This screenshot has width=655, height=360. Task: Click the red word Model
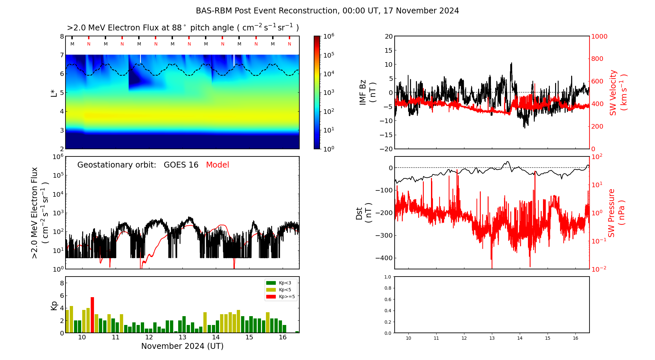[x=217, y=165]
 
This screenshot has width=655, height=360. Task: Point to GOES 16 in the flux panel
[x=181, y=165]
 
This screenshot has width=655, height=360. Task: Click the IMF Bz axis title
[x=367, y=92]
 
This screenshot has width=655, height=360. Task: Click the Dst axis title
[x=364, y=213]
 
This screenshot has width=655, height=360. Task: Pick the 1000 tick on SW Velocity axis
[x=599, y=36]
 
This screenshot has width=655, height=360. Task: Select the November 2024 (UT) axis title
[x=182, y=346]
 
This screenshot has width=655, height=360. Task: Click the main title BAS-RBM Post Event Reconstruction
[x=327, y=11]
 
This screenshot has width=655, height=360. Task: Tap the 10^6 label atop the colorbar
[x=328, y=36]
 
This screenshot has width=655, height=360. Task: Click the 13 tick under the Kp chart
[x=182, y=337]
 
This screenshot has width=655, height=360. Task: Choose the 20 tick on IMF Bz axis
[x=388, y=36]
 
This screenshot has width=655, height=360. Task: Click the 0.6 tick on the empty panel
[x=387, y=299]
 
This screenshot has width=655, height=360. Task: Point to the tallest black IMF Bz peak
[x=511, y=63]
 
